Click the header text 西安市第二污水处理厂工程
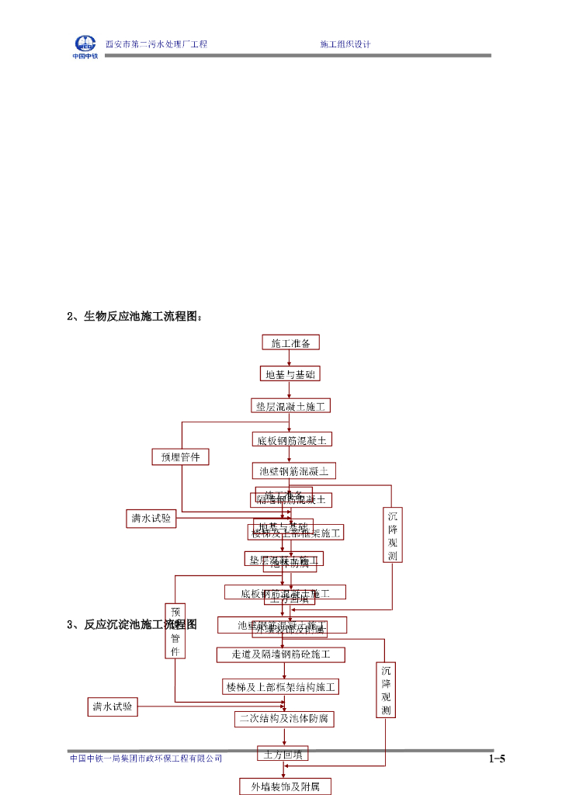click(156, 44)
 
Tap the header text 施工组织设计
click(345, 44)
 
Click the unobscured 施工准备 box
click(290, 342)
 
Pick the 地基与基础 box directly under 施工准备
click(290, 374)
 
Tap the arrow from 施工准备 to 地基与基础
click(290, 359)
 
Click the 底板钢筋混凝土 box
click(293, 439)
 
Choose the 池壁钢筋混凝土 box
click(294, 470)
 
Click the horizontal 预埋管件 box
click(180, 457)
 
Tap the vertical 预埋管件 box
click(175, 631)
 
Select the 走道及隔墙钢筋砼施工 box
click(280, 654)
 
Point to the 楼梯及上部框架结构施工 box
click(280, 686)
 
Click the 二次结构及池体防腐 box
click(284, 718)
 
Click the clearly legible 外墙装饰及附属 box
click(284, 786)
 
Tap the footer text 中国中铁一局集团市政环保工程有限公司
click(146, 759)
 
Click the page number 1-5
click(497, 759)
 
